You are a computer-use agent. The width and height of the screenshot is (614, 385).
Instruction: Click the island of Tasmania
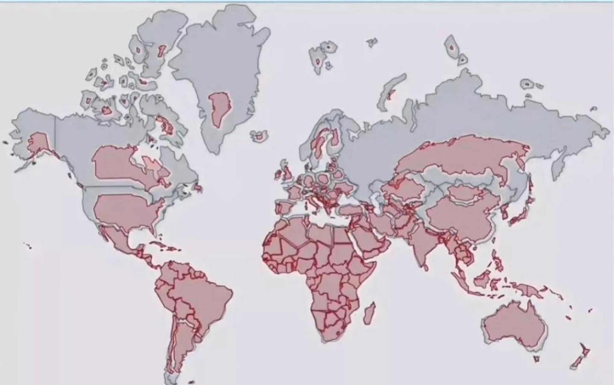536,359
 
